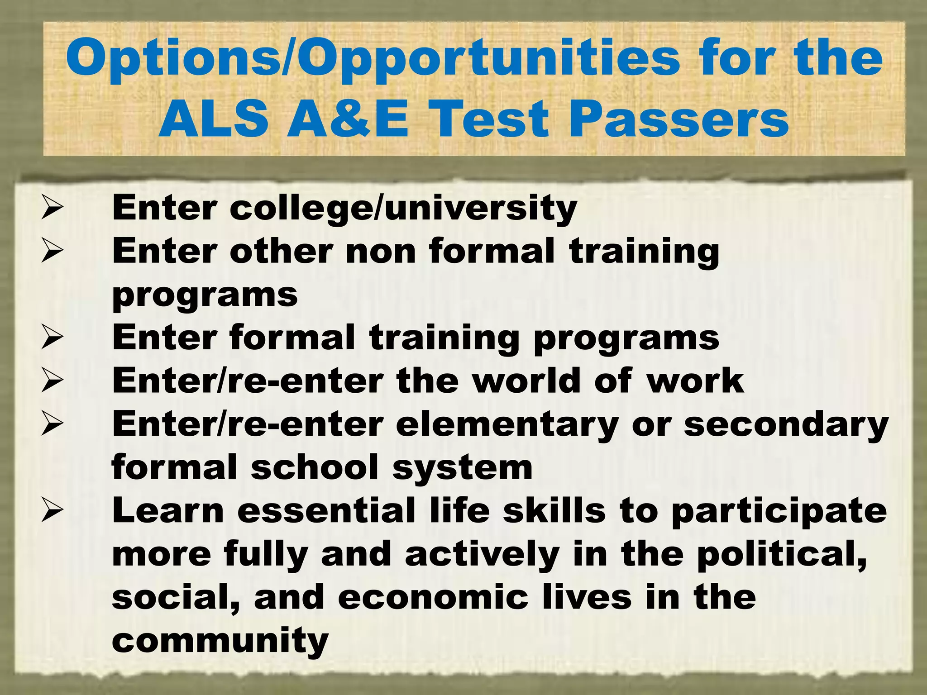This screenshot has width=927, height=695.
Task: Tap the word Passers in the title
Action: pos(679,119)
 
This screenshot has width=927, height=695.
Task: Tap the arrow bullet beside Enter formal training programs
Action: pos(52,338)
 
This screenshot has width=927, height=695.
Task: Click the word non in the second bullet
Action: pos(381,251)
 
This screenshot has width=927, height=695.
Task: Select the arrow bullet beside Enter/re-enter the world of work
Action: pos(52,381)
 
